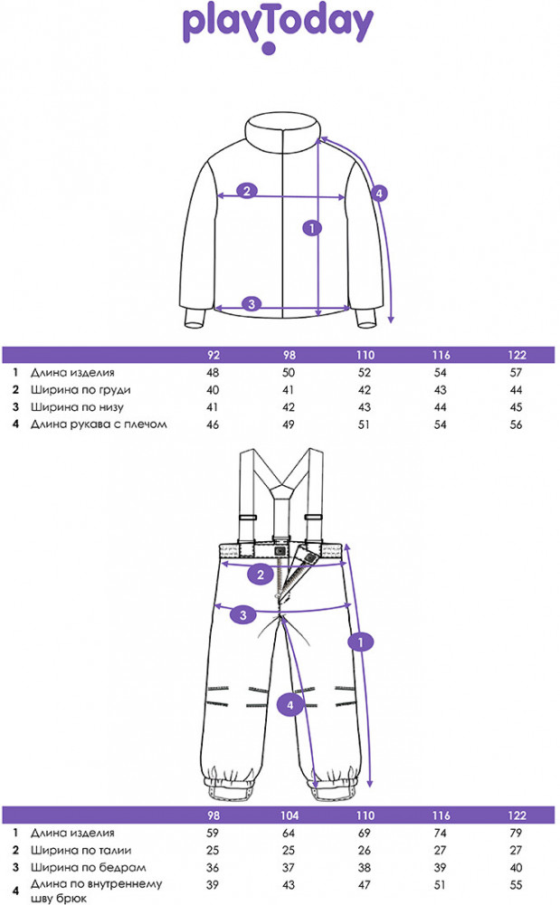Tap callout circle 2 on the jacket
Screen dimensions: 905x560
(x=247, y=191)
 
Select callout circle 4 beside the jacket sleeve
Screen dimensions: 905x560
(x=380, y=193)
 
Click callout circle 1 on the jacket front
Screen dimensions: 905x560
(x=312, y=228)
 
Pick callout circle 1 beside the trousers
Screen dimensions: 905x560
(x=362, y=643)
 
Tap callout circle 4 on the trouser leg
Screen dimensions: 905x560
(x=289, y=704)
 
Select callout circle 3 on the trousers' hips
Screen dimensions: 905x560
(x=242, y=616)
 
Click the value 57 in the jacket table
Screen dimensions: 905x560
(x=517, y=372)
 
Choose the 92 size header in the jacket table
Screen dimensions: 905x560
(x=214, y=356)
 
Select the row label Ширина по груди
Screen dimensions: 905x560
(x=73, y=389)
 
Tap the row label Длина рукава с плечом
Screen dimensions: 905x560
(x=100, y=424)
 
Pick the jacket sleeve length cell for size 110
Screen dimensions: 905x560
(x=365, y=424)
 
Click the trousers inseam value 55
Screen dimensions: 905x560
(x=517, y=884)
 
